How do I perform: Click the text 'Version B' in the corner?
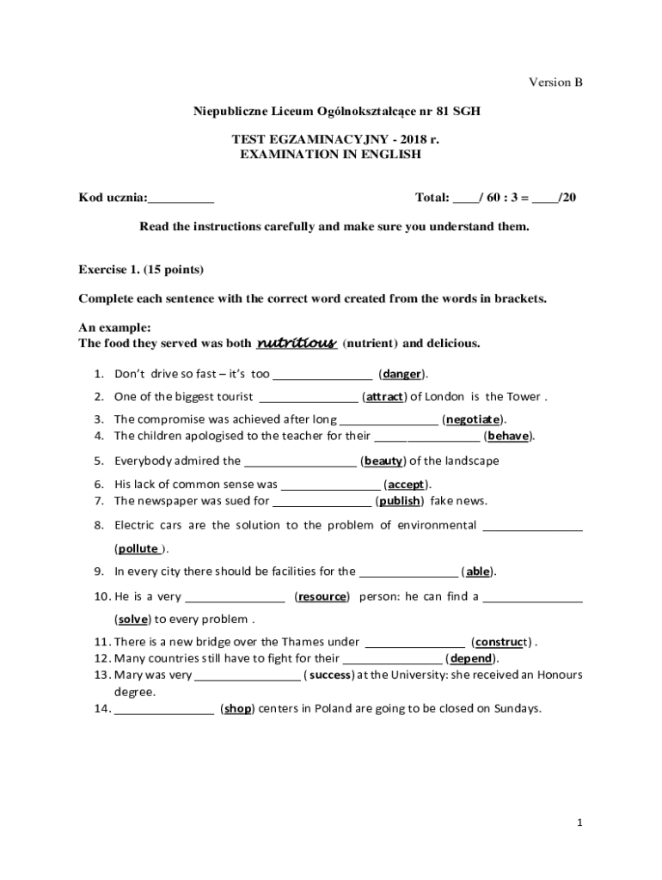coord(555,82)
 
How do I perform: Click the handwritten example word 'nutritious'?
coord(296,344)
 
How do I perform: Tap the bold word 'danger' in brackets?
coord(402,374)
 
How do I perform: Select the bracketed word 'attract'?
coord(384,396)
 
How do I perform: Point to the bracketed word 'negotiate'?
coord(473,419)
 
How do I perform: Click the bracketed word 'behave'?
coord(509,436)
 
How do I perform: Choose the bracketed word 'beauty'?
coord(383,461)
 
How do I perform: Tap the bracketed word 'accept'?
coord(407,484)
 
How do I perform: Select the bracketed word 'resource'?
coord(322,596)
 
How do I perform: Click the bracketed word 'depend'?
coord(472,658)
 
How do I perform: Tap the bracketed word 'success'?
coord(331,675)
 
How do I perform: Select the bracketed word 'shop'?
coord(238,709)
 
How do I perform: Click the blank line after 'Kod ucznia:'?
coord(181,199)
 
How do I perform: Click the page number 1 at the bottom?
coord(580,822)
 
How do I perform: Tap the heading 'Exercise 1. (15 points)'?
coord(141,269)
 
